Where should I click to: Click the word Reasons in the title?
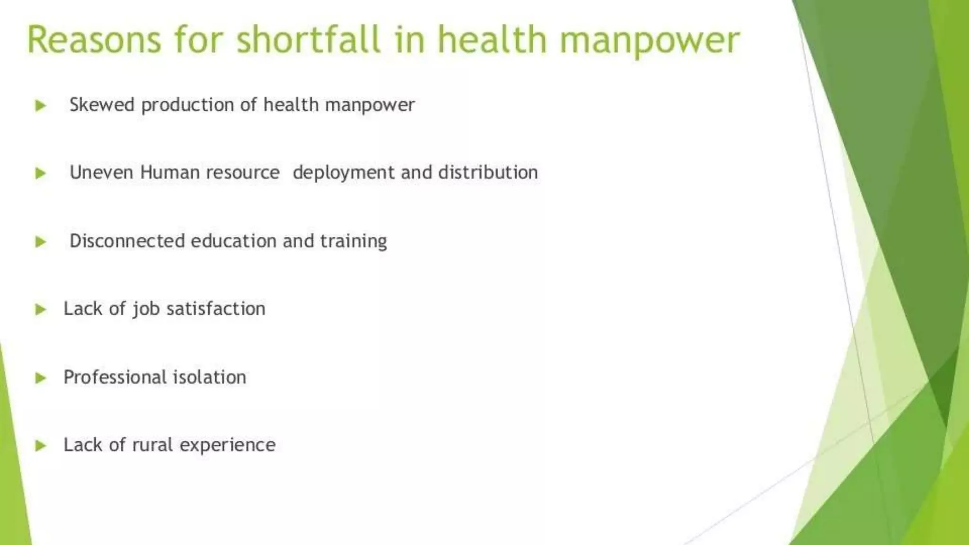[x=94, y=40]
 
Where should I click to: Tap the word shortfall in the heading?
[x=308, y=40]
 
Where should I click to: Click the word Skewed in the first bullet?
[x=102, y=105]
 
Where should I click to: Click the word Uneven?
[x=101, y=172]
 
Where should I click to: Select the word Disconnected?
[x=127, y=241]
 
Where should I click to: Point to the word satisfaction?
[x=216, y=309]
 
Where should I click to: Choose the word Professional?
[x=115, y=377]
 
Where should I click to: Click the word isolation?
[x=210, y=377]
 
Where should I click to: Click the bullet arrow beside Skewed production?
[x=41, y=105]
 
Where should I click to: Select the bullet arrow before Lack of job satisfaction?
[x=41, y=309]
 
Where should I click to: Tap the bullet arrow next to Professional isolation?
[x=41, y=378]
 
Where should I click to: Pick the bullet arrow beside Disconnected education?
[x=41, y=242]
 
